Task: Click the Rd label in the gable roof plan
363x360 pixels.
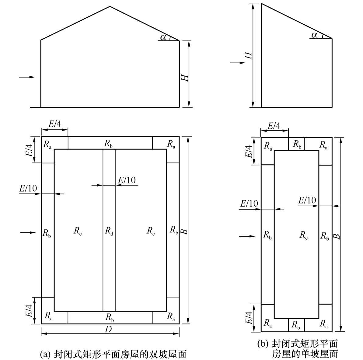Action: (109, 231)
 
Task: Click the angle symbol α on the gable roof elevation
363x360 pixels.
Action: (163, 37)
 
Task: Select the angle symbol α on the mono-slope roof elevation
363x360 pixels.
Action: (314, 35)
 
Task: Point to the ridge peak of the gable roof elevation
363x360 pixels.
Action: (110, 6)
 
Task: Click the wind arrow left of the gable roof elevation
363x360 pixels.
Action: (27, 77)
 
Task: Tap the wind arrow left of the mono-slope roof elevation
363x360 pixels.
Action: (238, 62)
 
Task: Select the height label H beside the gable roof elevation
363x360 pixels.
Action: (185, 78)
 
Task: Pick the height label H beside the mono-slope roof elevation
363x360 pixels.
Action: (248, 55)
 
